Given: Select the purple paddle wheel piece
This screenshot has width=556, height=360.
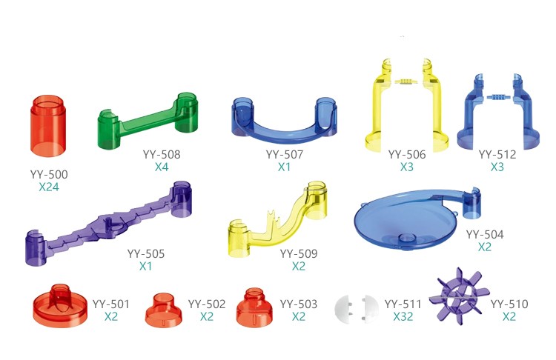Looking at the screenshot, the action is [459, 296].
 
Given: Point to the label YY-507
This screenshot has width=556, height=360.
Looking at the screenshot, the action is [285, 155].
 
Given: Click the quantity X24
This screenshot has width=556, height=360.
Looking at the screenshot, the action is [49, 187].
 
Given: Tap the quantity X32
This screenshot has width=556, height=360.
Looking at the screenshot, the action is [403, 316].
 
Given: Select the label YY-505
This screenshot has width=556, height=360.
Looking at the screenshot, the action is [146, 253].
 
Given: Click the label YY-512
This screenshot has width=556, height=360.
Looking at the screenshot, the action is [497, 155].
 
